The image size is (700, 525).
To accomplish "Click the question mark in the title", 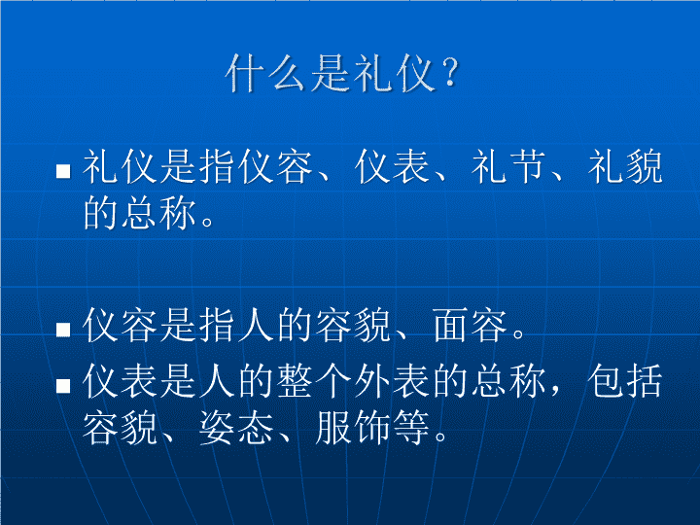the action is (451, 72).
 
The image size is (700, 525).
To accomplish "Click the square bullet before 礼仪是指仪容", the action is (63, 171).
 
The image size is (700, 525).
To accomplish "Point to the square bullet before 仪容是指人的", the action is (63, 330).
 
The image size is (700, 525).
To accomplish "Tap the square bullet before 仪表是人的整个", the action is (63, 385).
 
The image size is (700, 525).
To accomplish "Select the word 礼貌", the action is (625, 166).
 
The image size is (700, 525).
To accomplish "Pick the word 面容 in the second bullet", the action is (471, 326).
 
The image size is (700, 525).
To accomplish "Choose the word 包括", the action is (624, 381).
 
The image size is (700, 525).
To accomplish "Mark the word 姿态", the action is (237, 428).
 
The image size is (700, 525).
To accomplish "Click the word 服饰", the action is (353, 428).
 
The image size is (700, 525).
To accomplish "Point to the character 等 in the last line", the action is (411, 428).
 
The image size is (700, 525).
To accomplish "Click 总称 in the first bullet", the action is (159, 213).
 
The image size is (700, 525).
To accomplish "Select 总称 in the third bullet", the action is (508, 381).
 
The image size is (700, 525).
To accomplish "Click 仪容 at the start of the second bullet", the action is (121, 326).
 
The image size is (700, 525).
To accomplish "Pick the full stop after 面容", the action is (519, 334).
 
